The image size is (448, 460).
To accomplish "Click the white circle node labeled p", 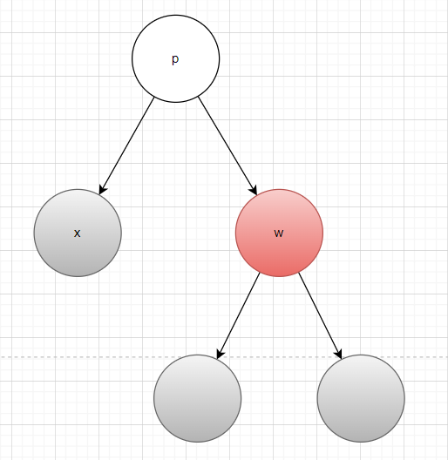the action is click(175, 58).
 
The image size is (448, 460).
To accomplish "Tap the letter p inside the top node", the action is click(175, 59).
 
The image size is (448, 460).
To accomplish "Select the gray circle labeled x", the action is click(78, 233).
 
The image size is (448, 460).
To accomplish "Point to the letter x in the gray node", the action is click(77, 233).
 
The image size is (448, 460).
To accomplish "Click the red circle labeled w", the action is click(279, 233).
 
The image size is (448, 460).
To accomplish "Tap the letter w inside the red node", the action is click(279, 233).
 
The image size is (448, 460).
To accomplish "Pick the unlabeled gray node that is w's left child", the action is click(198, 398).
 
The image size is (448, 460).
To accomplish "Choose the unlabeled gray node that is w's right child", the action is click(361, 398).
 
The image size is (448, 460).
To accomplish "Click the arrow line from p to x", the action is click(126, 145).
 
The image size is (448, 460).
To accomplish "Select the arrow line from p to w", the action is click(227, 145).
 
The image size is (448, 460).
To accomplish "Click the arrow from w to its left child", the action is click(239, 316).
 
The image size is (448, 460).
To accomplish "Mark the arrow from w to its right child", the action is click(320, 316).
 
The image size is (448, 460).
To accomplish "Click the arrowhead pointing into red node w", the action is click(254, 190).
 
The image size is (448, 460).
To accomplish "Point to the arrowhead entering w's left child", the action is click(220, 354).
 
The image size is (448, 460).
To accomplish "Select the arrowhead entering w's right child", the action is click(339, 354).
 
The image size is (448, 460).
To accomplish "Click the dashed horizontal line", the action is click(224, 357).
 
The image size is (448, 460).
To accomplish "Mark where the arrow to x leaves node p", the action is click(153, 98).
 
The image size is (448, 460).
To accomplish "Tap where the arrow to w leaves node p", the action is click(199, 97).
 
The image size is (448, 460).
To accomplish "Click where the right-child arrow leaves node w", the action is click(299, 274).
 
